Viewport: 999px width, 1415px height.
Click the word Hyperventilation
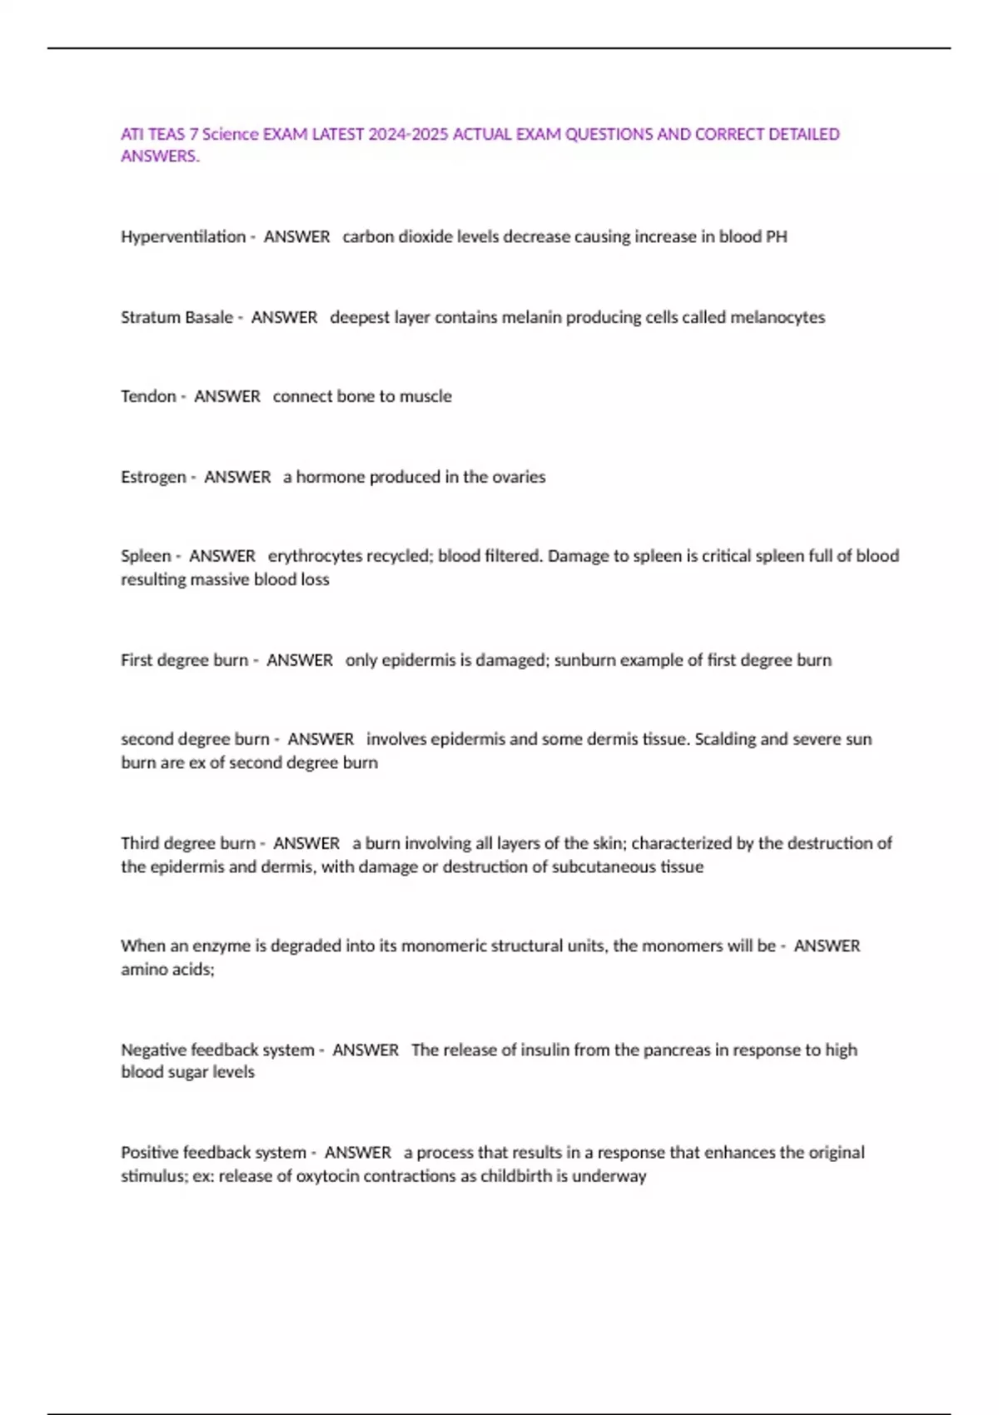point(183,237)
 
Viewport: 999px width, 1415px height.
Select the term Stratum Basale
point(176,318)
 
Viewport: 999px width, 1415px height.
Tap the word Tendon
point(148,397)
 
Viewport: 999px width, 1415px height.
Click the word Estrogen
point(153,478)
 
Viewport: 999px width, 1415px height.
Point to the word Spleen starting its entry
point(146,556)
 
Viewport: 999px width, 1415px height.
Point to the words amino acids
point(167,970)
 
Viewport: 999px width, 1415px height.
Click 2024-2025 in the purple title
point(408,135)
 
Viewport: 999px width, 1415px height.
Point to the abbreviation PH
point(776,237)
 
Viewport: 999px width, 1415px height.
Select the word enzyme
point(221,946)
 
